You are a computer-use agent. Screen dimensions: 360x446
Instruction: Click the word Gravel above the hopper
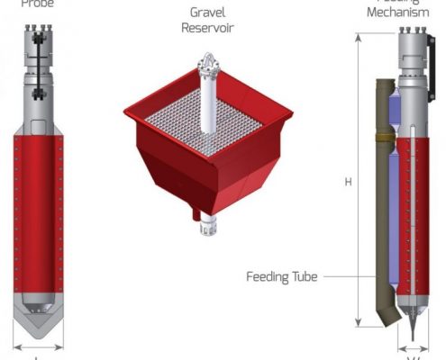[x=209, y=13]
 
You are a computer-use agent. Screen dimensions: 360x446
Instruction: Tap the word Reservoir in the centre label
[x=209, y=28]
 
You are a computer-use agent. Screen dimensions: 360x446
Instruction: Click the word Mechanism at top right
[x=404, y=13]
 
